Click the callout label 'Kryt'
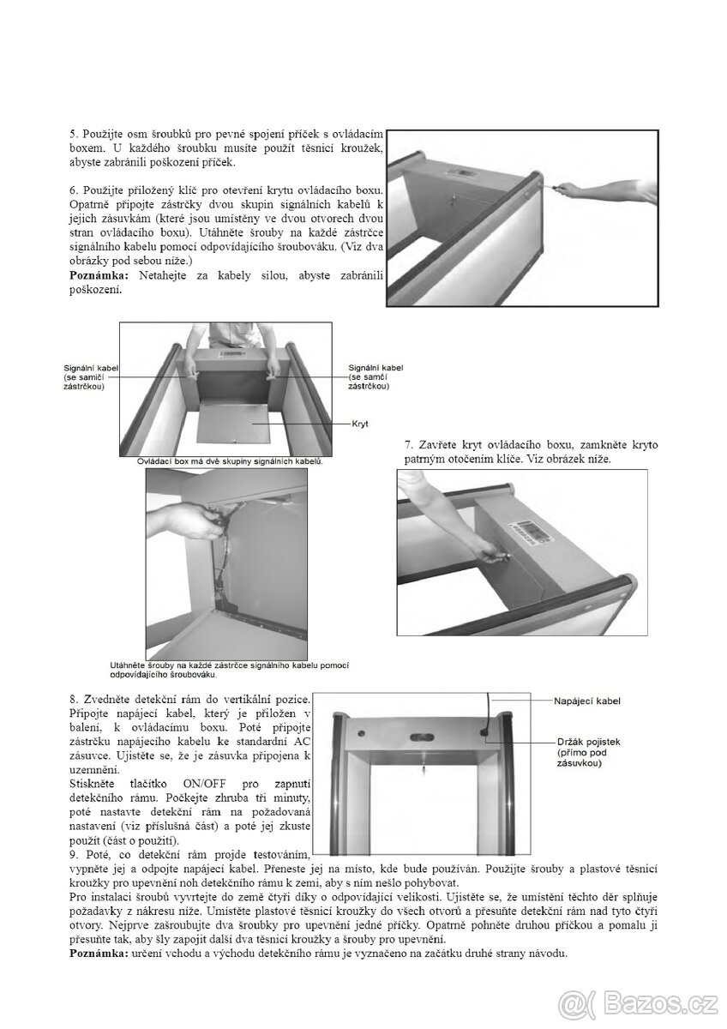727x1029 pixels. click(361, 424)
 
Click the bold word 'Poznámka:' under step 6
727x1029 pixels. click(97, 274)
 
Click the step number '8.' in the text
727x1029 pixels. click(74, 701)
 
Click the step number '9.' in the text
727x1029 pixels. click(74, 855)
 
